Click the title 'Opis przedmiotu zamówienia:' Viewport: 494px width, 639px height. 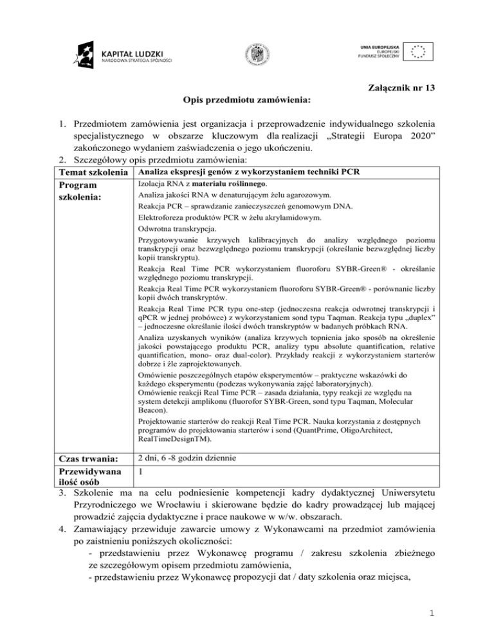pos(246,100)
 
